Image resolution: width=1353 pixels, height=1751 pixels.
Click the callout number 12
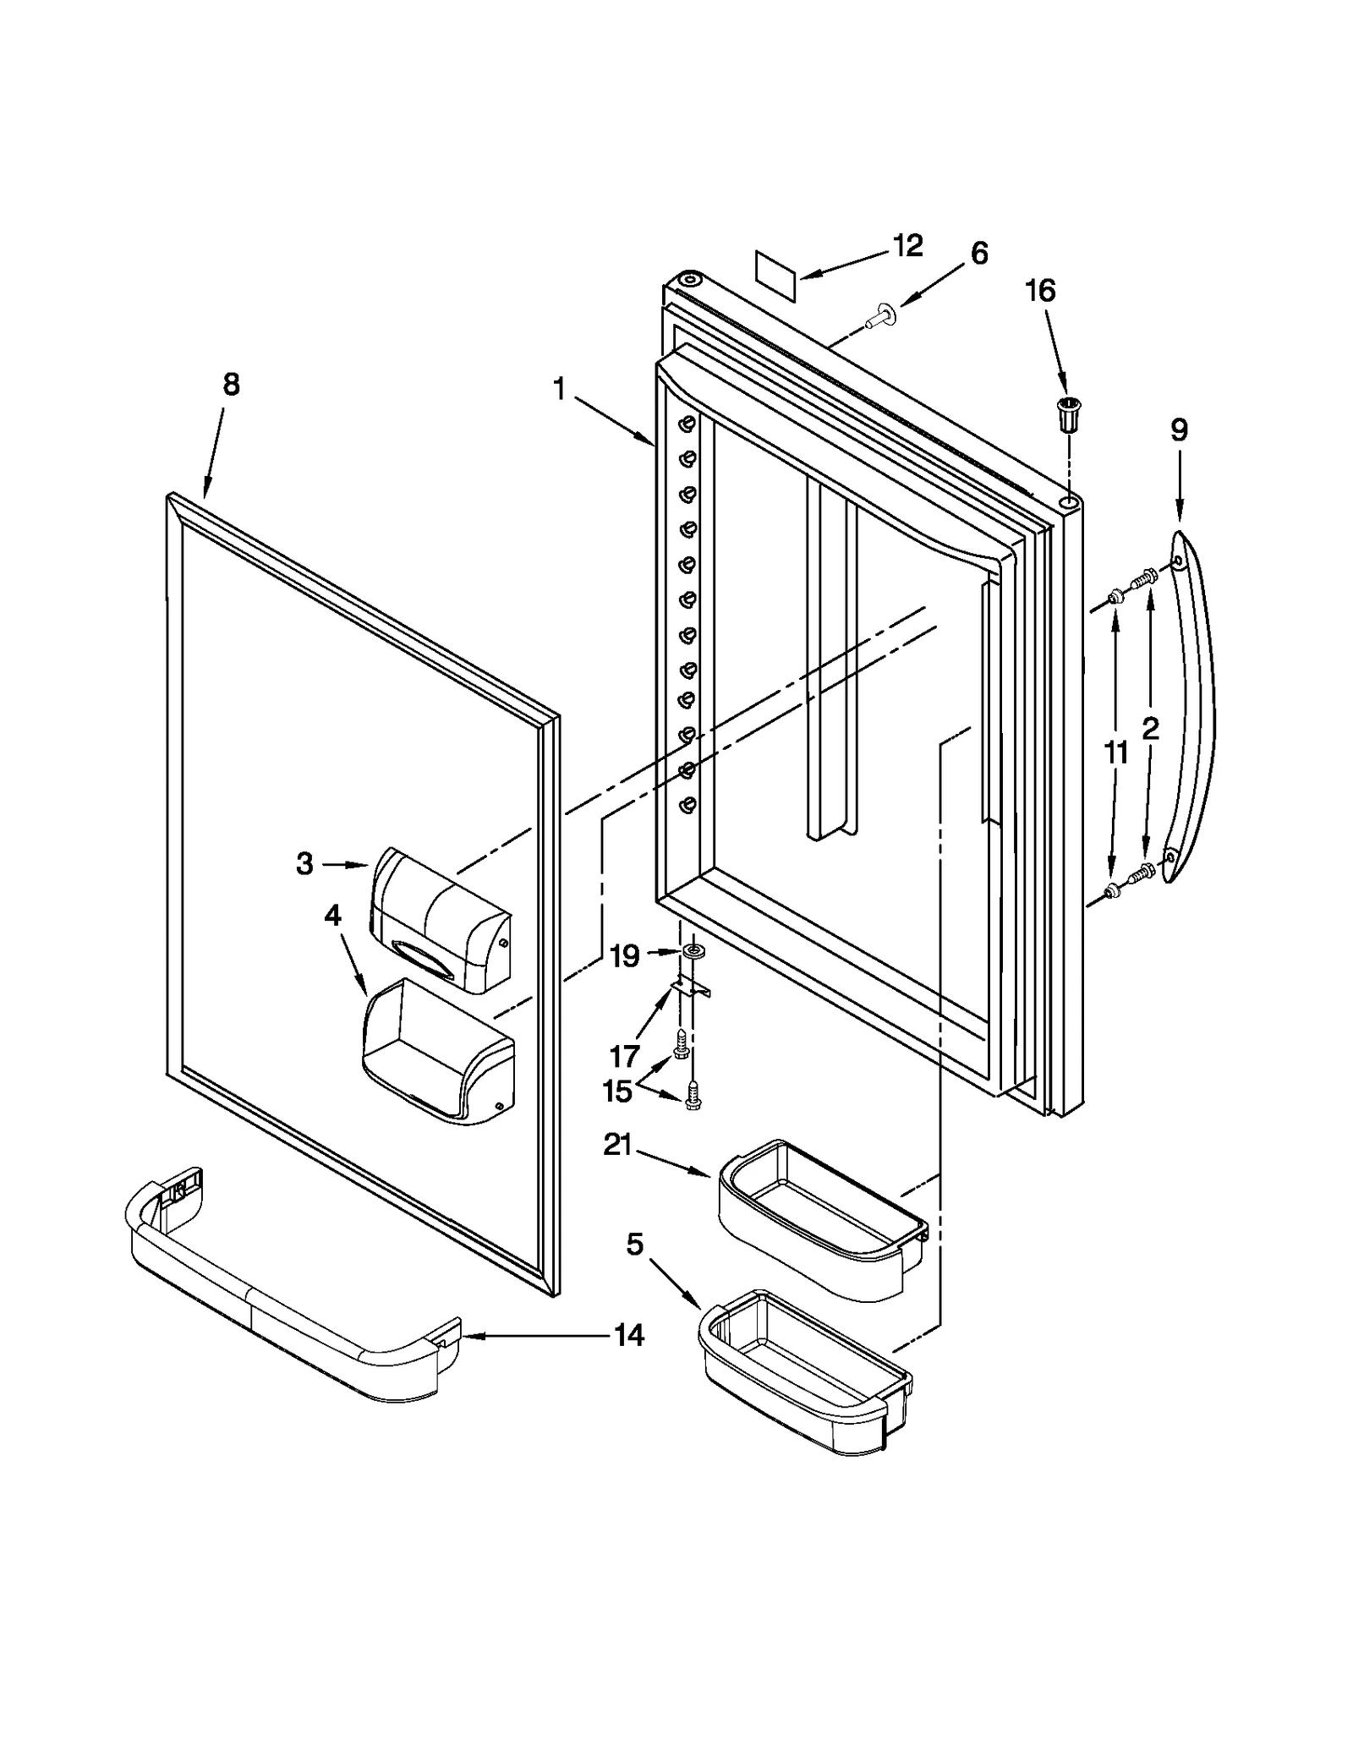click(x=908, y=246)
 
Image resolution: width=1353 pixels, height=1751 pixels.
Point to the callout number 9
click(x=1179, y=430)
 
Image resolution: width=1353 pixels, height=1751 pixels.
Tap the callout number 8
click(x=231, y=385)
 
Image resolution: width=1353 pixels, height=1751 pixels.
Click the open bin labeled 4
click(x=435, y=1052)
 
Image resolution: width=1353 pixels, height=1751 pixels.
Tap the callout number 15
click(x=618, y=1092)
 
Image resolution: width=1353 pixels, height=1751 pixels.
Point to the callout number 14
click(x=629, y=1335)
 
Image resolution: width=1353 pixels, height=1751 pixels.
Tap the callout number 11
click(x=1116, y=752)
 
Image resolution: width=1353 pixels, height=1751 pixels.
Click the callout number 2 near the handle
click(x=1150, y=728)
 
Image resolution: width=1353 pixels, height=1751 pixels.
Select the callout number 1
click(x=559, y=389)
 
